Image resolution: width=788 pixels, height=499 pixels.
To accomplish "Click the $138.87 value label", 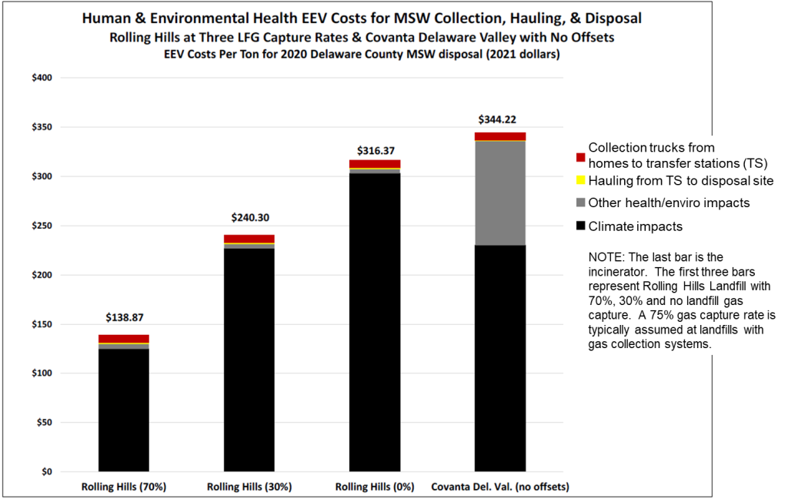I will [x=124, y=317].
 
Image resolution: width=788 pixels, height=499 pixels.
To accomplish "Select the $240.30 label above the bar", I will [x=249, y=218].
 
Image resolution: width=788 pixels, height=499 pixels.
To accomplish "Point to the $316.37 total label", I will [x=375, y=151].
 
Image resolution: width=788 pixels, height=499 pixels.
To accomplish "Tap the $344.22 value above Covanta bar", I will [x=500, y=119].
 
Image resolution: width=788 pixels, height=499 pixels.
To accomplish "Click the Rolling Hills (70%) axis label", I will [x=124, y=487].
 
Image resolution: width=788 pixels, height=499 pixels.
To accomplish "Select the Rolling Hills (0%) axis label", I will [x=375, y=487].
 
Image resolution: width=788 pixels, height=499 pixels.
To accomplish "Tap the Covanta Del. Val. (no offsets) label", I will [x=500, y=487].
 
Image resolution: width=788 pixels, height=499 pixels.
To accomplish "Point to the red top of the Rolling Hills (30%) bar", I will [x=249, y=239].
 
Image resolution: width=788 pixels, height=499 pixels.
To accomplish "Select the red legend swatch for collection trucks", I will [x=580, y=157].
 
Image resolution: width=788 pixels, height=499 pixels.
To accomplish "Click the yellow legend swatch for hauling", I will [x=580, y=181].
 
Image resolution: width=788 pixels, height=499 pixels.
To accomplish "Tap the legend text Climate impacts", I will [x=635, y=226].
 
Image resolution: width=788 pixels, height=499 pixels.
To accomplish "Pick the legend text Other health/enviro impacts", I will [x=668, y=203].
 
